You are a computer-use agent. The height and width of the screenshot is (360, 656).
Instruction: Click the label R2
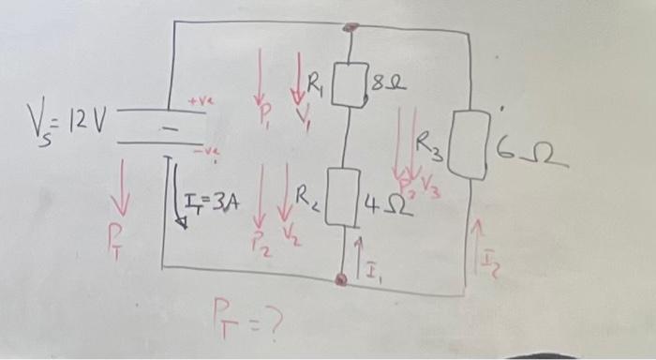[308, 196]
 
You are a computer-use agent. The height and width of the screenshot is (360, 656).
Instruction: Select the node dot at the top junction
[349, 28]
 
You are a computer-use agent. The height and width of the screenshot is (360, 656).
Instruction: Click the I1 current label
[371, 274]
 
